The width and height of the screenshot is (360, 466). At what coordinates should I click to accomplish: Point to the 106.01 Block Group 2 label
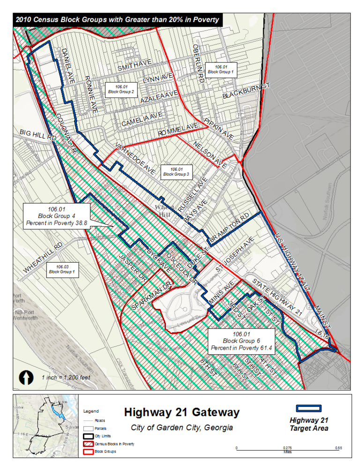coord(121,89)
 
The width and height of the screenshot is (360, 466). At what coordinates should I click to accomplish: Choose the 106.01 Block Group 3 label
coord(176,172)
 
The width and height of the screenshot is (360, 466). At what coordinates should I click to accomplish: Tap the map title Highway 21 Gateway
coord(182,413)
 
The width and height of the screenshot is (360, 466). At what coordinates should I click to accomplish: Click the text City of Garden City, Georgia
coord(182,428)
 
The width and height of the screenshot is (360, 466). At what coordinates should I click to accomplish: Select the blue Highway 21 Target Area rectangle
coord(308,408)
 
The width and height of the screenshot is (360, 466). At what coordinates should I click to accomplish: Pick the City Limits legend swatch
coord(88,436)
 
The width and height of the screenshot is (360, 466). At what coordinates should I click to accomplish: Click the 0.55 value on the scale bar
coord(338,448)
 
